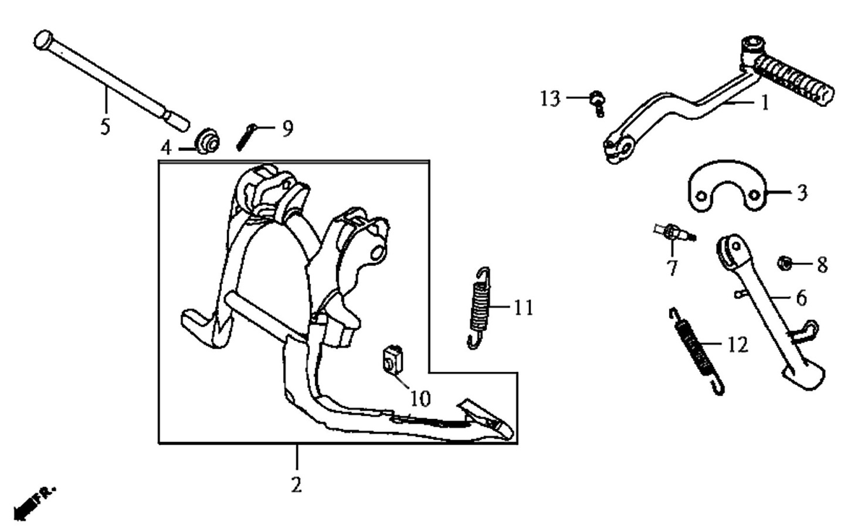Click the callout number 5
pyautogui.click(x=105, y=127)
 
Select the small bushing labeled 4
pyautogui.click(x=208, y=141)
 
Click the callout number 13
pyautogui.click(x=550, y=99)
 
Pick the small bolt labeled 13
pyautogui.click(x=598, y=103)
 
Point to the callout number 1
pyautogui.click(x=765, y=103)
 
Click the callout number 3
pyautogui.click(x=801, y=192)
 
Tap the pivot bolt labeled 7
pyautogui.click(x=674, y=233)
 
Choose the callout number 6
pyautogui.click(x=801, y=298)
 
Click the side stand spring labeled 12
pyautogui.click(x=697, y=351)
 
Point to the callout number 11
pyautogui.click(x=523, y=308)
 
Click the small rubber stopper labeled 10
pyautogui.click(x=392, y=360)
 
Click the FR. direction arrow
pyautogui.click(x=35, y=503)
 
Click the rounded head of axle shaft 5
pyautogui.click(x=43, y=39)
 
